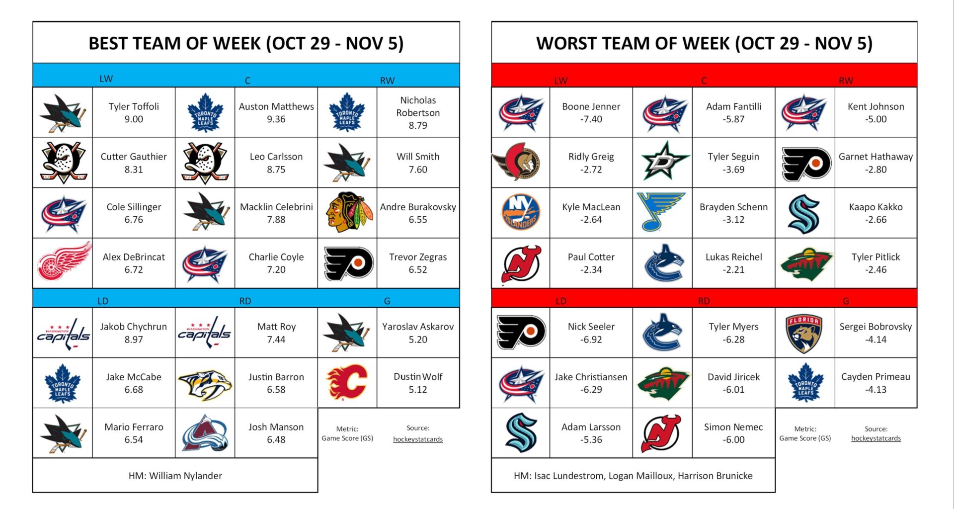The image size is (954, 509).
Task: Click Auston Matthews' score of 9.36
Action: [x=276, y=119]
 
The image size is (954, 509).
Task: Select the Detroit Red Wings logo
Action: [x=64, y=262]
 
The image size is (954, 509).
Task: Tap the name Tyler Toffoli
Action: [x=134, y=106]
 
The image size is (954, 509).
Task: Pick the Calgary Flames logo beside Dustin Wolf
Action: [x=347, y=382]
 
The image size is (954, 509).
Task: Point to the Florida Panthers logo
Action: [x=804, y=333]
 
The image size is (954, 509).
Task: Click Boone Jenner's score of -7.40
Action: [x=591, y=119]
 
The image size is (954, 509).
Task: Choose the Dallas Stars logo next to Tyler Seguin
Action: [x=663, y=162]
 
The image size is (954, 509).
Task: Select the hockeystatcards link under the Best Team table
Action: [x=417, y=439]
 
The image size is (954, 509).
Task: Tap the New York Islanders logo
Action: [x=520, y=212]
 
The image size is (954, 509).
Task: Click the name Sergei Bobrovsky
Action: [x=875, y=327]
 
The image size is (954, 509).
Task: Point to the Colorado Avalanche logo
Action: [x=205, y=433]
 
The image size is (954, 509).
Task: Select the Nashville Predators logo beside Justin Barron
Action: [x=205, y=383]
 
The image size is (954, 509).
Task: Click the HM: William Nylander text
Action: [x=175, y=476]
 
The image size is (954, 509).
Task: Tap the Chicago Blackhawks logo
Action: [x=348, y=212]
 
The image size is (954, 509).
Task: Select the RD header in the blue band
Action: [x=245, y=301]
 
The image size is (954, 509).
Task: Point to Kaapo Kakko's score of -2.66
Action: [x=875, y=220]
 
